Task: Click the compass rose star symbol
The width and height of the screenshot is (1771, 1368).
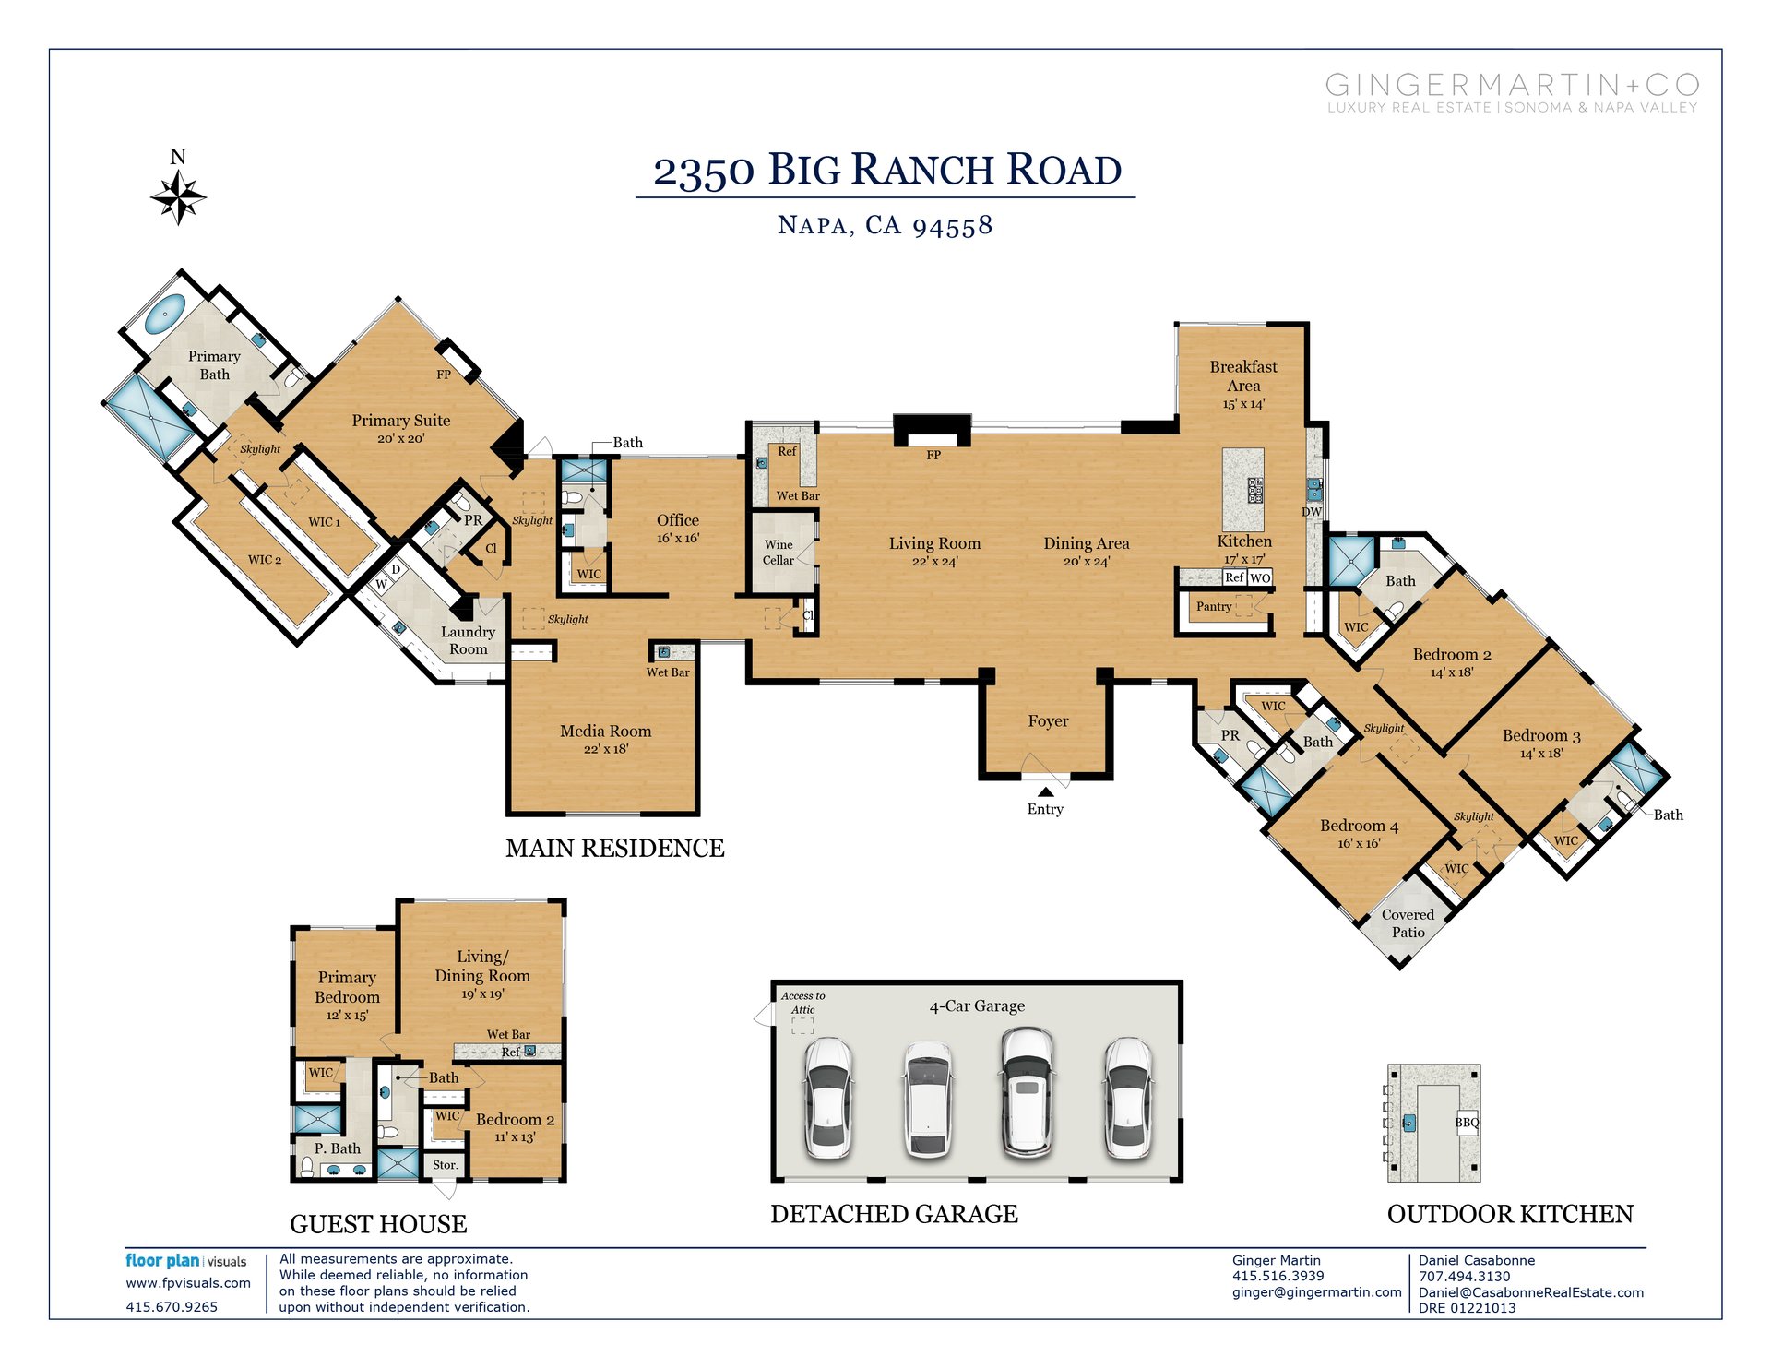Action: (178, 196)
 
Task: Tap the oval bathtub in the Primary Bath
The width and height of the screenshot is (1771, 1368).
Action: (166, 314)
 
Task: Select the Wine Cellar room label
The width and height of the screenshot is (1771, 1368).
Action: (779, 552)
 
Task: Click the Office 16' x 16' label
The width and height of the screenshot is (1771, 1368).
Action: (678, 528)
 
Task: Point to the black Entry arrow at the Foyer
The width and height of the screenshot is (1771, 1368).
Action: (1045, 791)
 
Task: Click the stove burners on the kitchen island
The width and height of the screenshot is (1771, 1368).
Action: (1255, 490)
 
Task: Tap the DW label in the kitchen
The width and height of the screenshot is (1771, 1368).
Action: (1312, 512)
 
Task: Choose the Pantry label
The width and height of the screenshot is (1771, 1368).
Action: (1214, 606)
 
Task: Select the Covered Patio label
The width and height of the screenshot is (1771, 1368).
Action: (1408, 922)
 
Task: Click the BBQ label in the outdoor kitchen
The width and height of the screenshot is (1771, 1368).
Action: (1467, 1122)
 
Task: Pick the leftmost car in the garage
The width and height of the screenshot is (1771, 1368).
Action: (828, 1097)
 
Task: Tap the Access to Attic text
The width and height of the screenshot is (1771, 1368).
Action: (802, 1002)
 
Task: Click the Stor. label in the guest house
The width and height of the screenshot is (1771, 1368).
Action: (445, 1164)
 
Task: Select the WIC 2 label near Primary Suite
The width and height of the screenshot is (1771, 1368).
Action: (265, 559)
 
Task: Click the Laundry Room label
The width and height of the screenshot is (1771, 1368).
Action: (468, 640)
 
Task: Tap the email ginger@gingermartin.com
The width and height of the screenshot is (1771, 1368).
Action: (1316, 1291)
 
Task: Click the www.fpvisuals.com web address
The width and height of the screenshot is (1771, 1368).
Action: (188, 1282)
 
